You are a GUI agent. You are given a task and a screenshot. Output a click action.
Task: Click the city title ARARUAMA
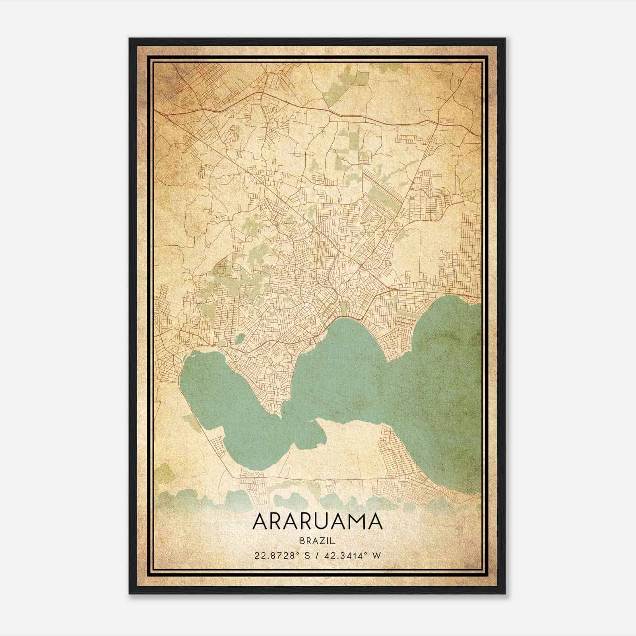[317, 522]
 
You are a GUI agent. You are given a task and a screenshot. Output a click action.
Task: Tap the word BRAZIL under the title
[317, 541]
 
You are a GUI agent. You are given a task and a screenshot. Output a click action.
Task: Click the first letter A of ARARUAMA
[260, 522]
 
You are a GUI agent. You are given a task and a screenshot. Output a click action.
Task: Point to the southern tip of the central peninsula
[281, 416]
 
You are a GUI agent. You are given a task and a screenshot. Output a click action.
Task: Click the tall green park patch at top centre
[360, 79]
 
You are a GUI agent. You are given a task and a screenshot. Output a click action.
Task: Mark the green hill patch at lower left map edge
[167, 473]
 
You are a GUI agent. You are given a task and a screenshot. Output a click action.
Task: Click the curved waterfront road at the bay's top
[350, 318]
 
